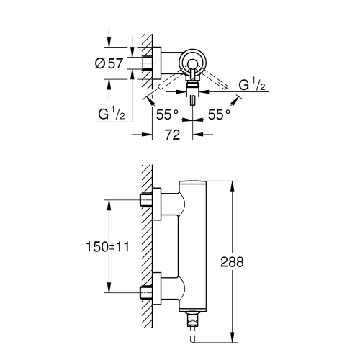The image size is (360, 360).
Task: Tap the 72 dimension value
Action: coord(171,134)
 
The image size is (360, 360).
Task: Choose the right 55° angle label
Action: coord(219,113)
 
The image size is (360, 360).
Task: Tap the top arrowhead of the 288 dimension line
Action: coord(230,184)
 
